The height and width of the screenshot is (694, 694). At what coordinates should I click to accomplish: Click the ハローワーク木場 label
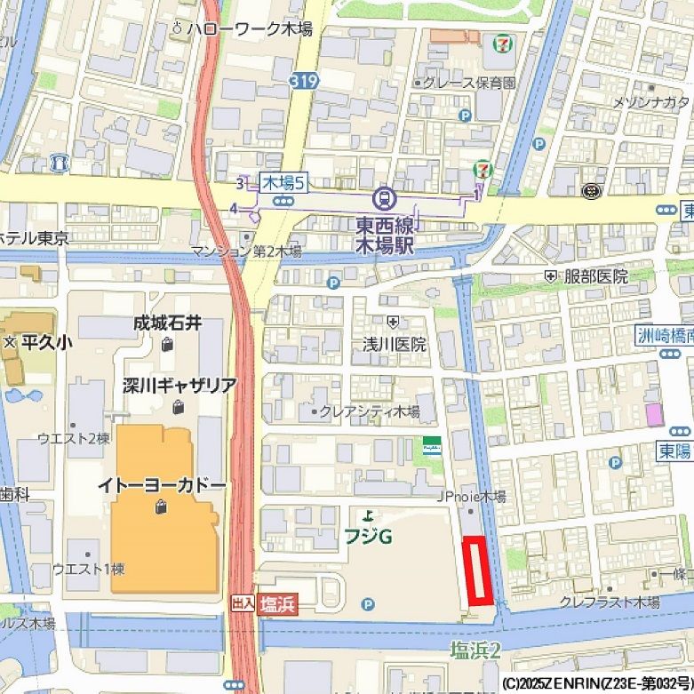(x=248, y=29)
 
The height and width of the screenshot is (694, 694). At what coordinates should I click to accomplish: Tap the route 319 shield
(x=301, y=81)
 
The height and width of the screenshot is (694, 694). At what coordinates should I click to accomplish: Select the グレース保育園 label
(x=468, y=83)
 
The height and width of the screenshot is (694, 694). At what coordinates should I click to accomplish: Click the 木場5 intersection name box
(x=283, y=183)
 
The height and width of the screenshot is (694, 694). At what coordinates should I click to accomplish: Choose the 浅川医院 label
(x=394, y=344)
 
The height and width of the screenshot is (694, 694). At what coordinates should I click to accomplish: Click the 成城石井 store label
(x=167, y=323)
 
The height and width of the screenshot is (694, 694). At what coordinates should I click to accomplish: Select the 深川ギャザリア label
(x=179, y=386)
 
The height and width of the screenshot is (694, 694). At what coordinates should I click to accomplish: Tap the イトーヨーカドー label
(x=162, y=486)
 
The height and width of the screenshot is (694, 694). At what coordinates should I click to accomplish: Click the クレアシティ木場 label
(x=369, y=411)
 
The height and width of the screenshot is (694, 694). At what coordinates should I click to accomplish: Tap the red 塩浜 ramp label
(x=277, y=604)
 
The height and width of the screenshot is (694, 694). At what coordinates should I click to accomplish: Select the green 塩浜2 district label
(x=475, y=650)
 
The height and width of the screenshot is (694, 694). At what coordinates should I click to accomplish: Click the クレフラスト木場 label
(x=610, y=602)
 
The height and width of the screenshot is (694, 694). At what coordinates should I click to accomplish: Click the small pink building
(x=654, y=414)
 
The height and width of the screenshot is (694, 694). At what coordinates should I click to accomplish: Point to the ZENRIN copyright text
(x=596, y=683)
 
